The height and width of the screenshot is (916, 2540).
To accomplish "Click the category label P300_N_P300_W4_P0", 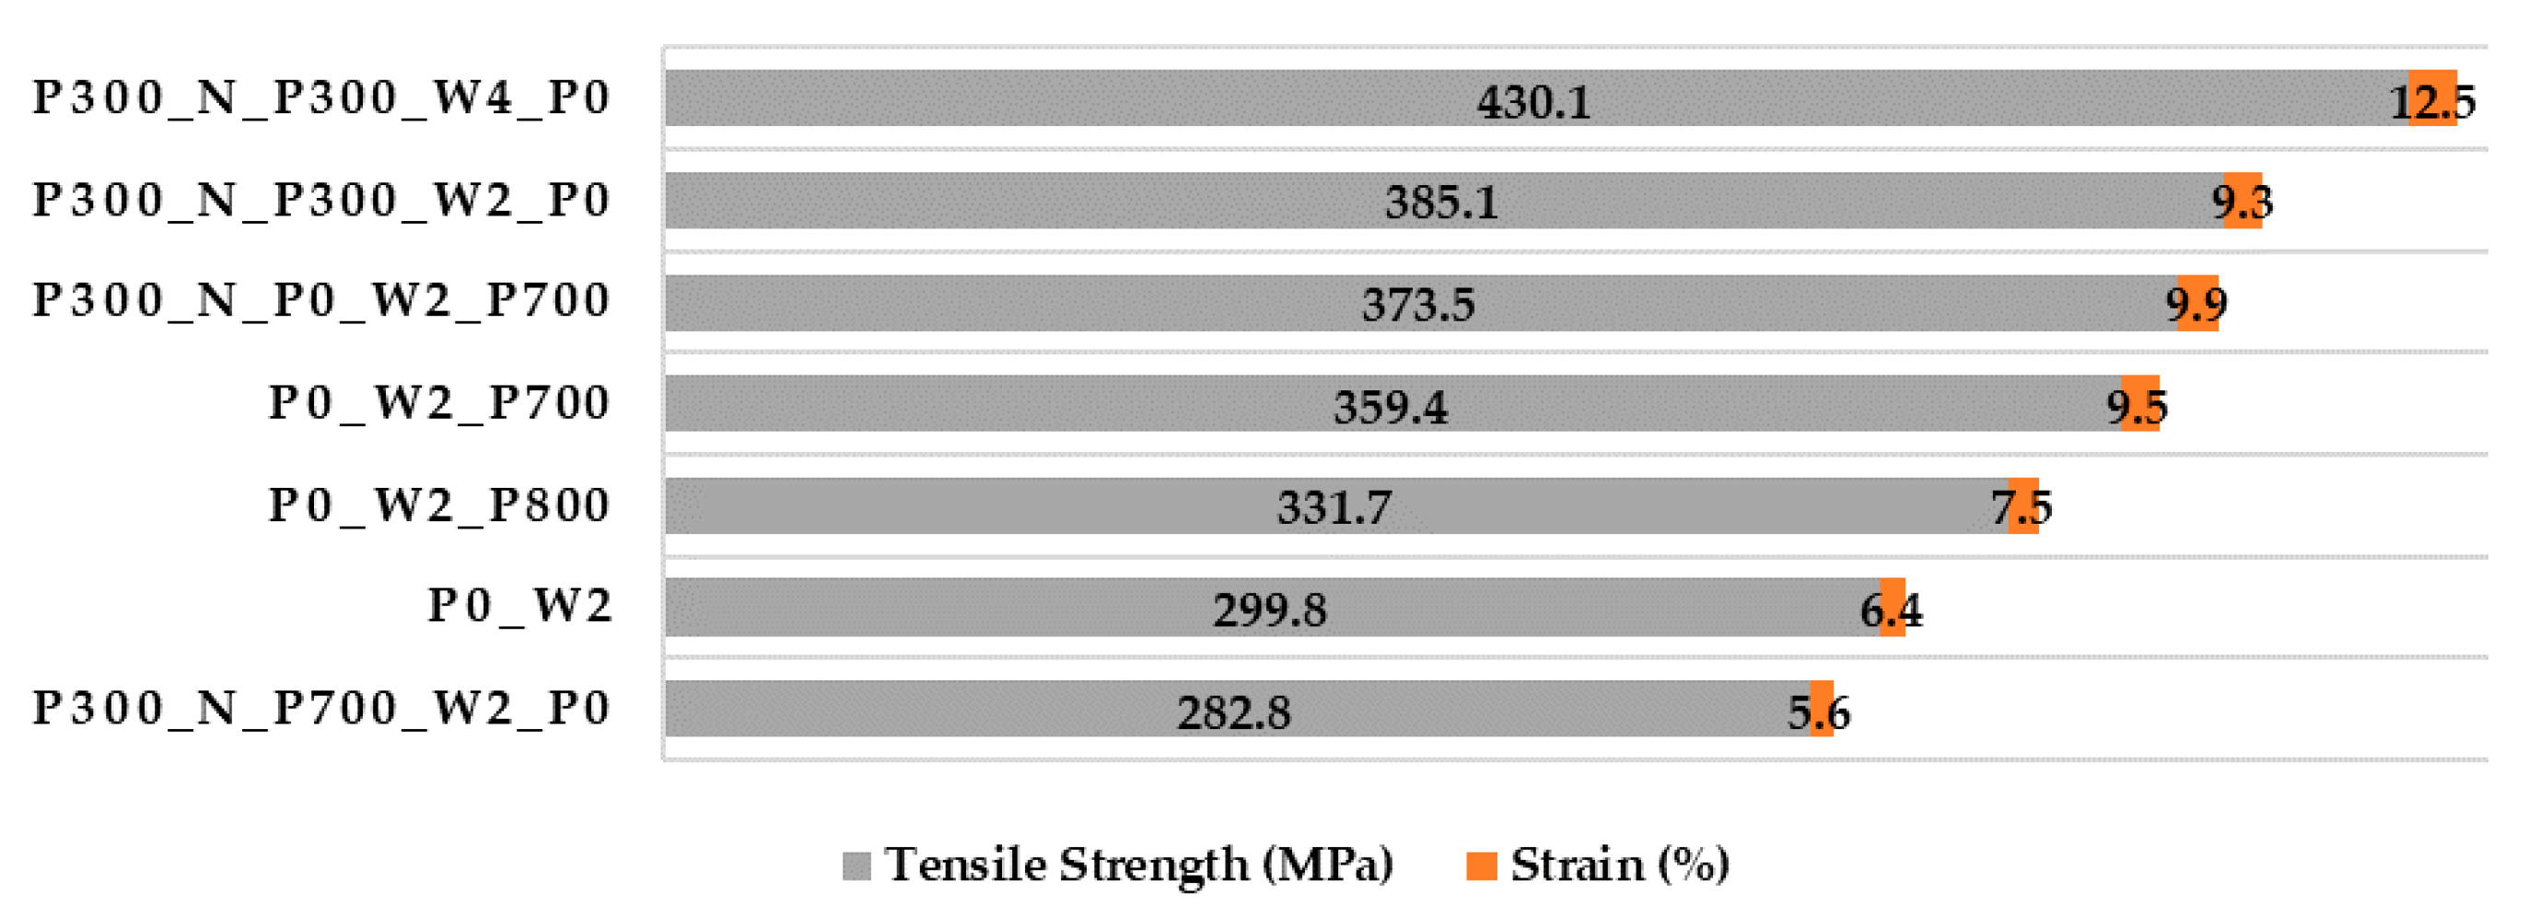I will tap(321, 99).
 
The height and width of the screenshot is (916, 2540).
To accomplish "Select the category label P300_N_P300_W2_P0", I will tap(321, 200).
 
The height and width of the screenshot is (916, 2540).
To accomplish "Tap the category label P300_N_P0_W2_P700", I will tap(321, 301).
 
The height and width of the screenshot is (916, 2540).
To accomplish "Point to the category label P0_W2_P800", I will tap(440, 505).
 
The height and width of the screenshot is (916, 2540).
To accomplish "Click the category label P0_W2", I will tap(519, 607).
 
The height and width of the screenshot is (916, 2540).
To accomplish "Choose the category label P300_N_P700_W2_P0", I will tap(321, 709).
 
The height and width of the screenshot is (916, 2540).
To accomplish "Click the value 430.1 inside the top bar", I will tap(1533, 101).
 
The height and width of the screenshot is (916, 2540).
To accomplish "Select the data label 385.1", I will tap(1441, 203).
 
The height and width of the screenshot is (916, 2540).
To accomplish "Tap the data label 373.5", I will tap(1418, 305).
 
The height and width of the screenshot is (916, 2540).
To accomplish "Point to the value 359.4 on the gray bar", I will tap(1391, 407).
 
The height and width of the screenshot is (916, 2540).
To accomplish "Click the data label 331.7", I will tap(1334, 509).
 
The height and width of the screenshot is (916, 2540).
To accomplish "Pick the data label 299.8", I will tap(1269, 610).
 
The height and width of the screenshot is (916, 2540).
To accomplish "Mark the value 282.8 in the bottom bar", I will tap(1233, 713).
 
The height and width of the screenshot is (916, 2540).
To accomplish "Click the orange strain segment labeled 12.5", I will tap(2431, 99).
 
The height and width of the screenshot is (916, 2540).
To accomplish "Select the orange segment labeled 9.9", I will tap(2197, 303).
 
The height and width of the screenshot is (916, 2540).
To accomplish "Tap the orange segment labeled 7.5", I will tap(2022, 505).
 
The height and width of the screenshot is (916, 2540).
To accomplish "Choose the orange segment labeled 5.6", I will tap(1821, 709).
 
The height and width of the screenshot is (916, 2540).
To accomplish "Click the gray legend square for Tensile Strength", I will tap(856, 865).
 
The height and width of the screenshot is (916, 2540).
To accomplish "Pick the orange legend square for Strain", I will tap(1481, 865).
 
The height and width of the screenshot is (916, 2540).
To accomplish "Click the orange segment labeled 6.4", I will tap(1893, 608).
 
